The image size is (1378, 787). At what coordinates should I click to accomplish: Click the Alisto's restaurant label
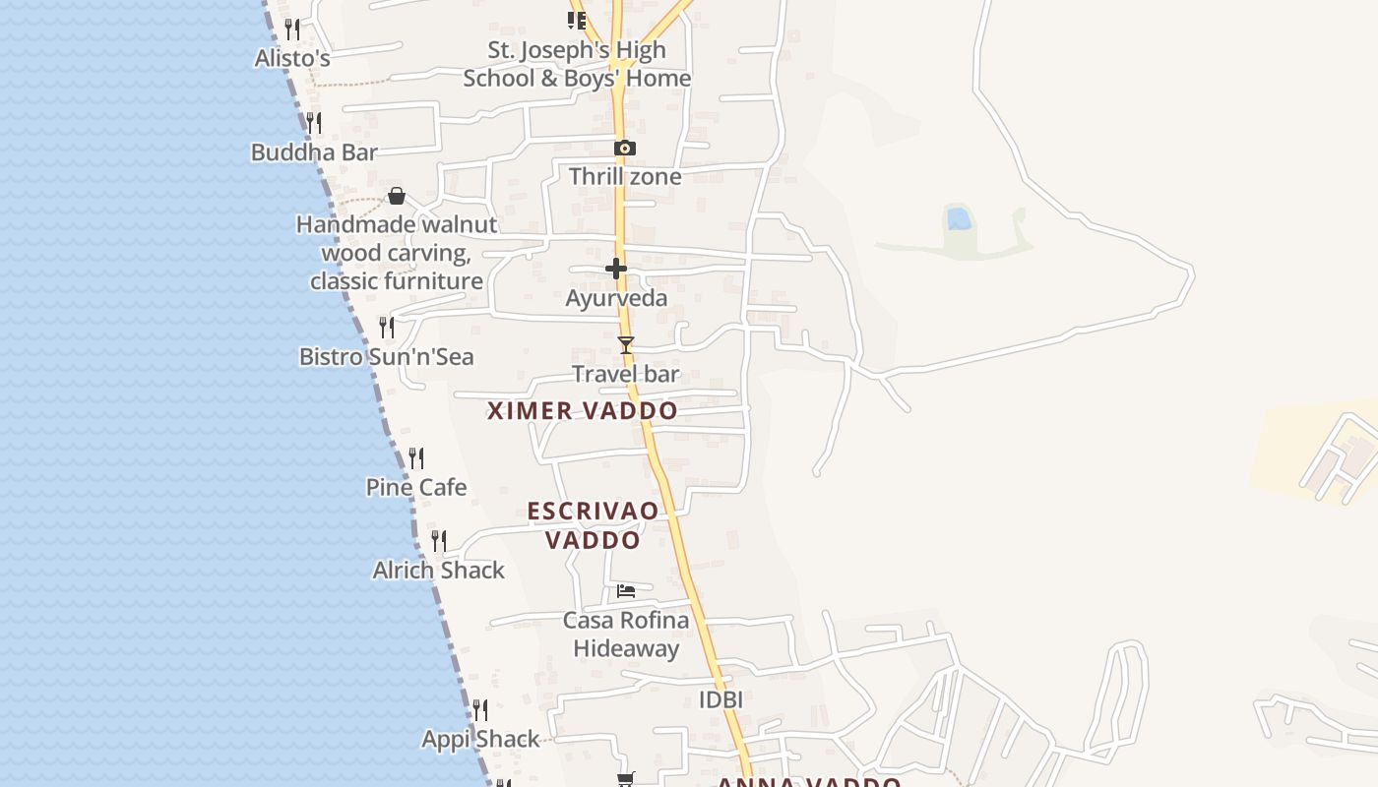[x=292, y=58]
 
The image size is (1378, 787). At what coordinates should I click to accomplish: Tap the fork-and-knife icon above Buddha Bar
[x=313, y=123]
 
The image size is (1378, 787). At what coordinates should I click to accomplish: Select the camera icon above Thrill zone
[x=624, y=149]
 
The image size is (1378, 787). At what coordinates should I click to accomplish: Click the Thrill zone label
[x=625, y=177]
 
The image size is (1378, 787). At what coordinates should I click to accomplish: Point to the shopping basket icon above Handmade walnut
[x=397, y=196]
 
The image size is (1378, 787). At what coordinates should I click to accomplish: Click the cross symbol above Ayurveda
[x=616, y=269]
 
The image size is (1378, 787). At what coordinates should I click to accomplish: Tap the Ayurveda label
[x=616, y=298]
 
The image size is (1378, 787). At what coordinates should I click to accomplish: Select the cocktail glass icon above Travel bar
[x=625, y=345]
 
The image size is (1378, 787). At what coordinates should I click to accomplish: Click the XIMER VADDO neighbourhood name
[x=583, y=411]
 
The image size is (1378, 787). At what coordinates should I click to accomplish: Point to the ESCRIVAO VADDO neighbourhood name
[x=593, y=525]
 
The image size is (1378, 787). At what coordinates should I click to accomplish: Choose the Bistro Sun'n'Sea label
[x=387, y=356]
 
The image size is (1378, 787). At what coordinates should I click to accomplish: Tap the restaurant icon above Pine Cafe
[x=416, y=458]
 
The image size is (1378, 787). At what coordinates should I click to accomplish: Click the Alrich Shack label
[x=438, y=571]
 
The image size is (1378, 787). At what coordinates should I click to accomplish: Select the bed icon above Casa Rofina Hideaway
[x=626, y=591]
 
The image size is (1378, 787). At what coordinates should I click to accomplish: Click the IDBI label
[x=720, y=699]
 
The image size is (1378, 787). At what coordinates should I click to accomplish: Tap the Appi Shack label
[x=480, y=740]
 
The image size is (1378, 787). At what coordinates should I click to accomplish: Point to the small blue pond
[x=959, y=218]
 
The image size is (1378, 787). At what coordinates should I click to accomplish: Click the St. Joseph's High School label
[x=577, y=64]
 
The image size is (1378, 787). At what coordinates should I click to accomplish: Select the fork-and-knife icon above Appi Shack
[x=480, y=710]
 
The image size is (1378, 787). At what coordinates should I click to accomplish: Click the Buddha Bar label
[x=314, y=152]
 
